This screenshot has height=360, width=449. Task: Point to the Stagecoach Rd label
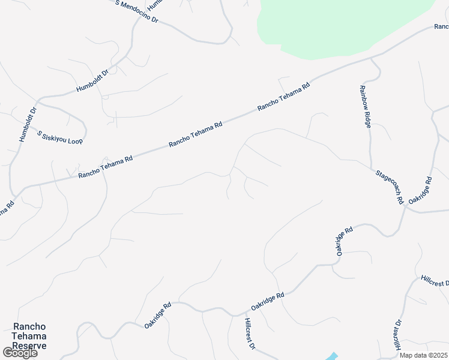[390, 187]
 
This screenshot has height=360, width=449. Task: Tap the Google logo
[19, 353]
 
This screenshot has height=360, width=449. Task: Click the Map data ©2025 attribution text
[423, 355]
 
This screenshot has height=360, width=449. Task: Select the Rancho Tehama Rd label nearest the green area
[283, 96]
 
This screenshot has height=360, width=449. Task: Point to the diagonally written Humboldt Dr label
[92, 81]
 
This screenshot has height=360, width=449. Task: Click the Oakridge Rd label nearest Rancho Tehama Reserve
[158, 314]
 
